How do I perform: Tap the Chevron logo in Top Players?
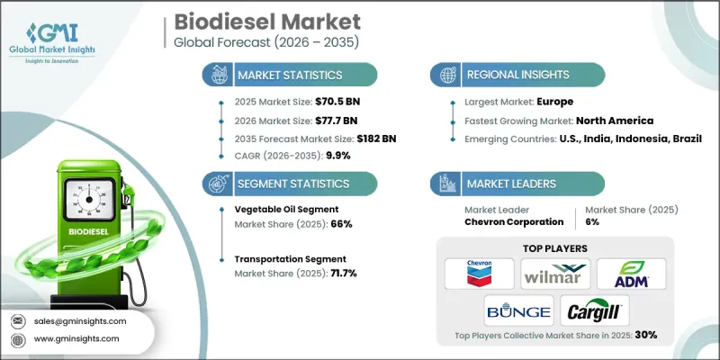[x=480, y=274]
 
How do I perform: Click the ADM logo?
[x=633, y=274]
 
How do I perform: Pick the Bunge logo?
[x=517, y=312]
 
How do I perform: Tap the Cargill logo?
[x=594, y=312]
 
